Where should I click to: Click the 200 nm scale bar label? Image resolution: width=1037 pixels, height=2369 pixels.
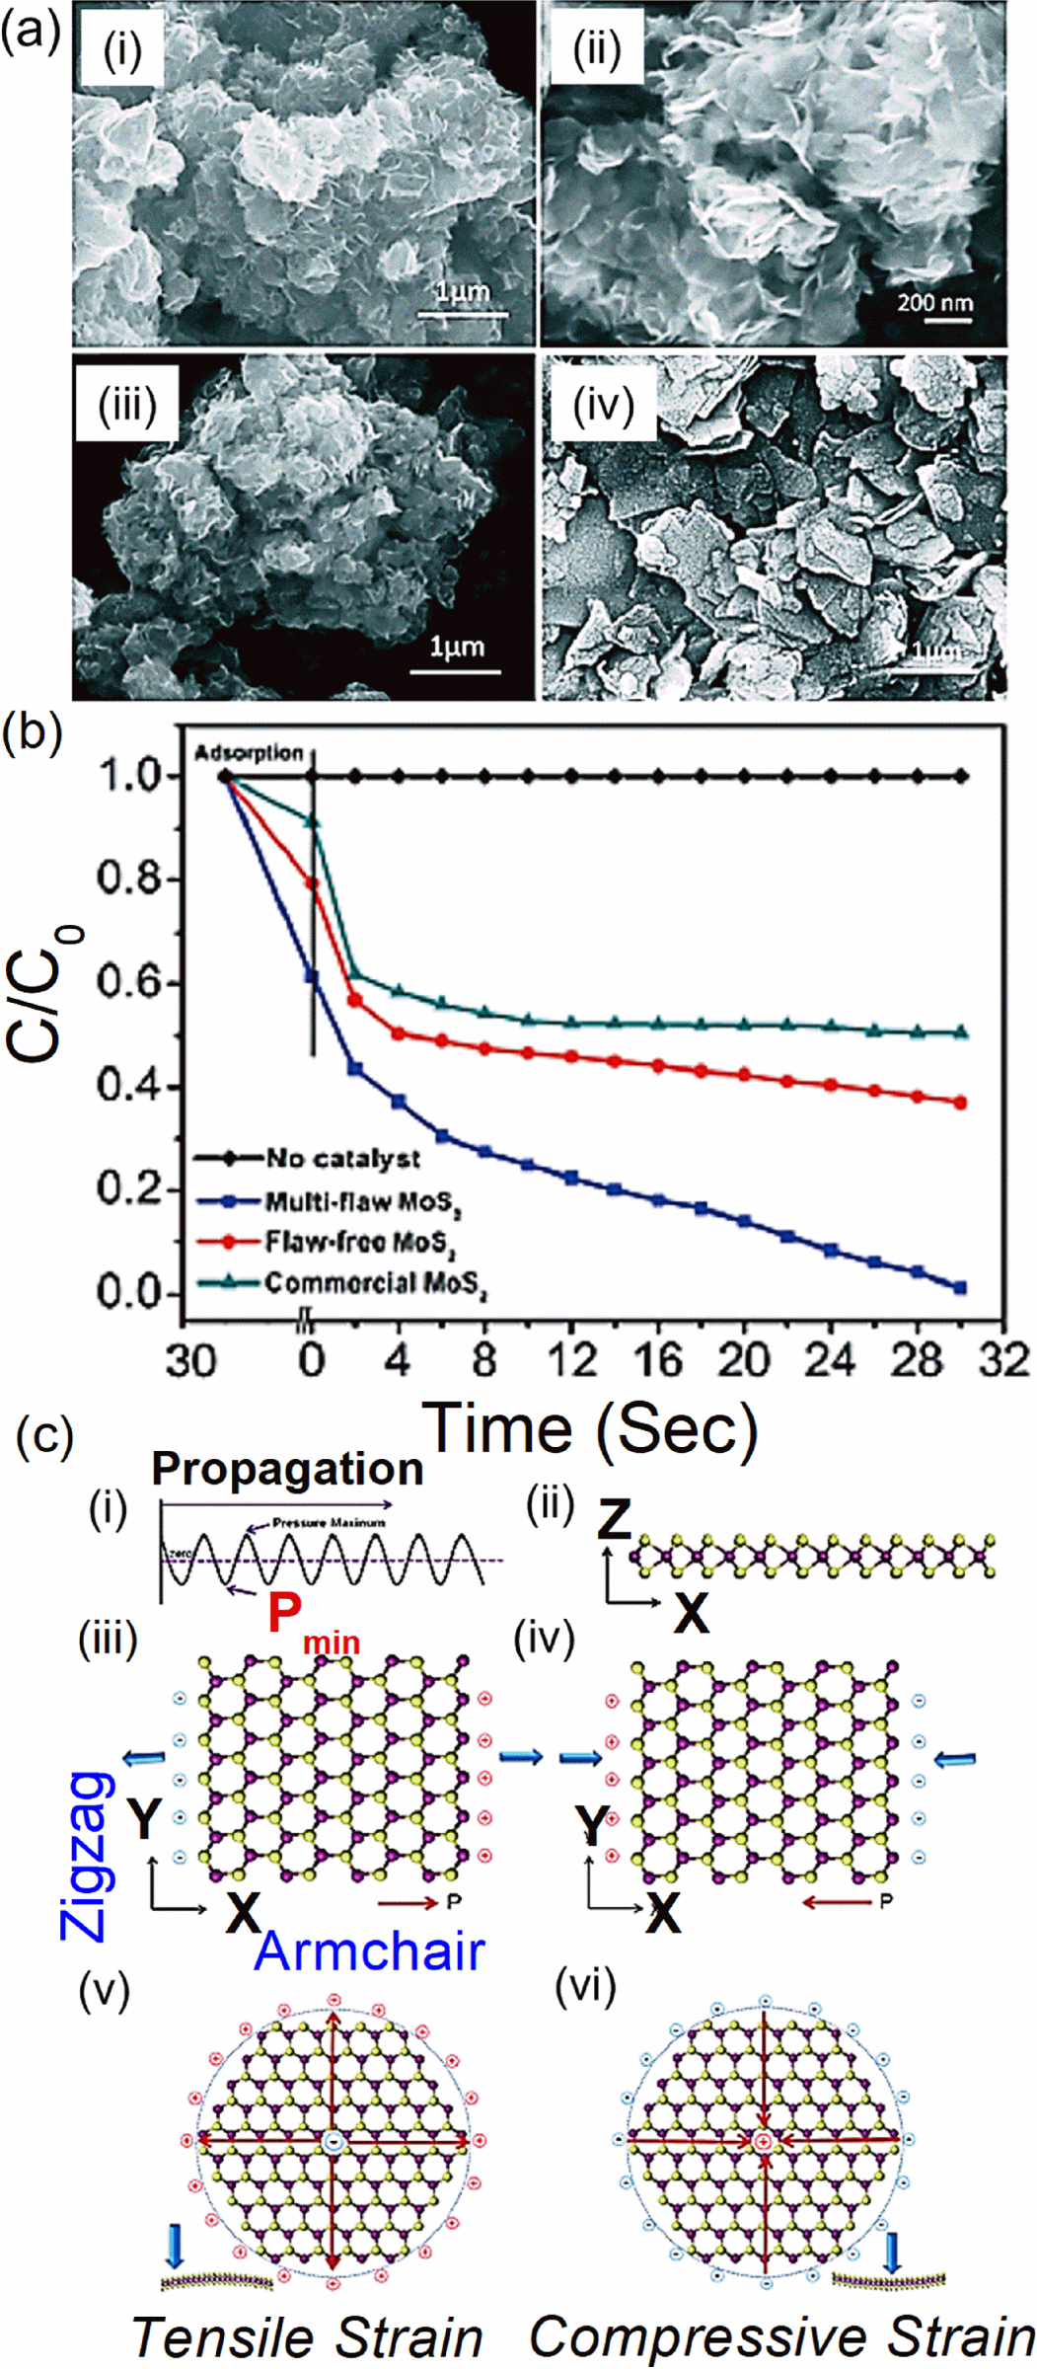coord(933,302)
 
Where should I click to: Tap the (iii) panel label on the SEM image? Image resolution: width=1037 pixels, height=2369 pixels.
coord(126,406)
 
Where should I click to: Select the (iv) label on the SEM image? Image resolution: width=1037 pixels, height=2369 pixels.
coord(602,406)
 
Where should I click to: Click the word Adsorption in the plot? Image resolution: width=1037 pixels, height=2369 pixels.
coord(249,753)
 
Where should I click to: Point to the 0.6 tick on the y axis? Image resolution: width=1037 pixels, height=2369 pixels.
coord(128,982)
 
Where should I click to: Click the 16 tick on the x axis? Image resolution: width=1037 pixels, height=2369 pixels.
coord(657,1360)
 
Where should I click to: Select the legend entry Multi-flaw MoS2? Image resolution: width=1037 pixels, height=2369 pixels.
coord(361,1202)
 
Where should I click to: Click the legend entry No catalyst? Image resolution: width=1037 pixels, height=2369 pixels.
coord(341,1158)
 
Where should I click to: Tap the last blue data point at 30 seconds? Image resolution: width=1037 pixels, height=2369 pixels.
coord(960,1287)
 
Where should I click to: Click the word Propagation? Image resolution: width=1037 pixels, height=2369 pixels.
coord(287,1469)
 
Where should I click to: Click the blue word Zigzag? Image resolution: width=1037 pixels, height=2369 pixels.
coord(87,1856)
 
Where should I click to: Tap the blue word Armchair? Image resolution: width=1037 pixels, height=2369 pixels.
coord(369,1951)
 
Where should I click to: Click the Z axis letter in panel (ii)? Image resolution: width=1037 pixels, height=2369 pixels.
coord(614,1521)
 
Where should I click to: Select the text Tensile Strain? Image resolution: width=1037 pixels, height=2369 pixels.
coord(306,2338)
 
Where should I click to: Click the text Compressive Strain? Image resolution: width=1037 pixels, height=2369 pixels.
coord(781,2336)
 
